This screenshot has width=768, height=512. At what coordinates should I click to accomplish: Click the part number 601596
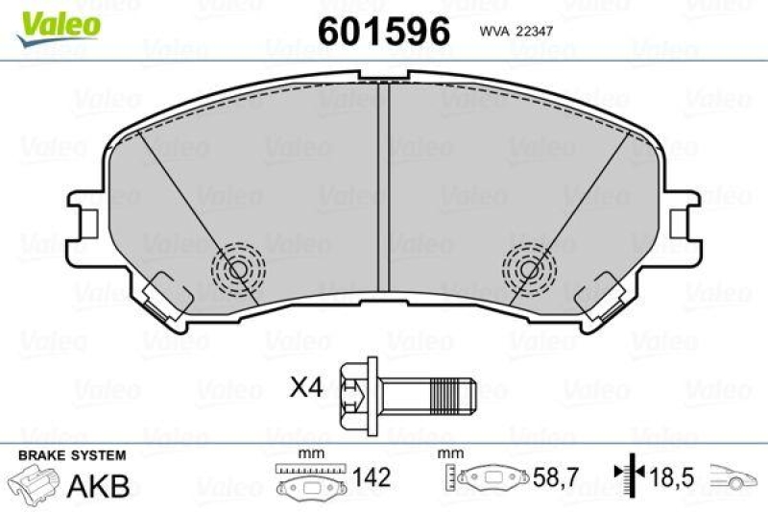(x=383, y=32)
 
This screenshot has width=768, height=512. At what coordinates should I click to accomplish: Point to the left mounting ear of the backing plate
(x=85, y=218)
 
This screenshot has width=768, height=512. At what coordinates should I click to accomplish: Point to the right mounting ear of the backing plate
(x=683, y=218)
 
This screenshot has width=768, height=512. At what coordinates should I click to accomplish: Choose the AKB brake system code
(x=97, y=486)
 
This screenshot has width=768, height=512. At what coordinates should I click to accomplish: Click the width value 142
(x=371, y=477)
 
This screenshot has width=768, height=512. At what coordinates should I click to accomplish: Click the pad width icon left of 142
(x=311, y=479)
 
